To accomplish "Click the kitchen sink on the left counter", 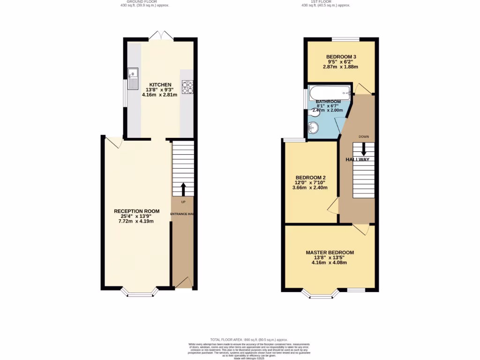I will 133,78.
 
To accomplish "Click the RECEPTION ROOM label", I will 137,211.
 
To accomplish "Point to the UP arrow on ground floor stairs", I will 183,189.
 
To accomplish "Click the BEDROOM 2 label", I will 310,177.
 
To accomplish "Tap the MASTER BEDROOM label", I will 330,252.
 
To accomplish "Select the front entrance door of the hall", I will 183,283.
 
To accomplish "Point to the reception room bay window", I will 140,294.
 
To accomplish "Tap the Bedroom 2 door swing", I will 333,206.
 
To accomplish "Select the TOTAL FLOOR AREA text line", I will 248,339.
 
